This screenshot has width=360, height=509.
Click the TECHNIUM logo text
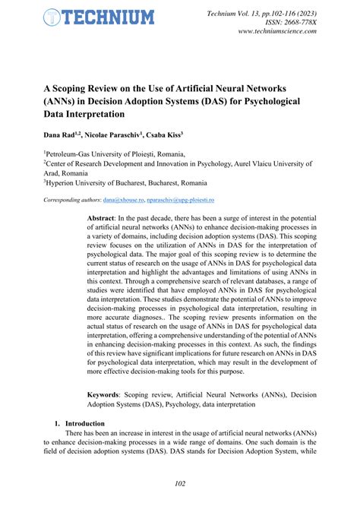pos(109,17)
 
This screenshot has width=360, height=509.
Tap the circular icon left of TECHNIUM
pos(51,17)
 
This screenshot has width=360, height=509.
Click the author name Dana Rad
pos(62,136)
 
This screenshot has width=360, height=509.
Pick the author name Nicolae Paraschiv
pos(122,136)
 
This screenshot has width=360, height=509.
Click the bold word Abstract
pos(102,217)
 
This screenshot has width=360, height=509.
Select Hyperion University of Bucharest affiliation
pos(125,182)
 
